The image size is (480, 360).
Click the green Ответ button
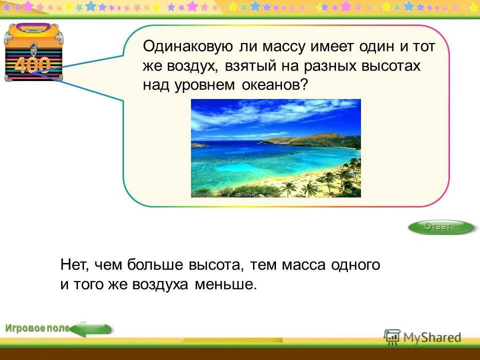tap(440, 227)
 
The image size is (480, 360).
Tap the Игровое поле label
tap(37, 328)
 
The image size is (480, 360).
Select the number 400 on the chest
tap(32, 65)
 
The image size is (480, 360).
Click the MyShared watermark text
tap(432, 337)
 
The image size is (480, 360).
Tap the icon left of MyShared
tap(392, 337)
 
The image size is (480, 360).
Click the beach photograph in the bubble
tap(275, 148)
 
